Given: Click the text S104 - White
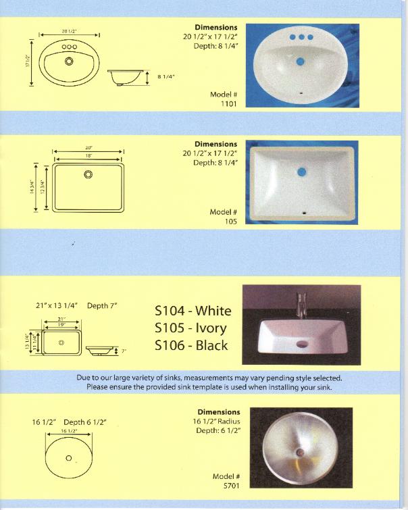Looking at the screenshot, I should tap(193, 311).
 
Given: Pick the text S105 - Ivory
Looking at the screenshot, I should tap(190, 328).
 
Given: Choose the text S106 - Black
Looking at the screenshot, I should tap(191, 345).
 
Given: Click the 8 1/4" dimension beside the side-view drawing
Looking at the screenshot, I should tap(166, 77).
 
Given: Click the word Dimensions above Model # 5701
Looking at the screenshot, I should tap(218, 412).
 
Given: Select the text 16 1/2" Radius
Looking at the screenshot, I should tap(218, 421).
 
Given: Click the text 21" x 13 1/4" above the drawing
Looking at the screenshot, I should tap(57, 306).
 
